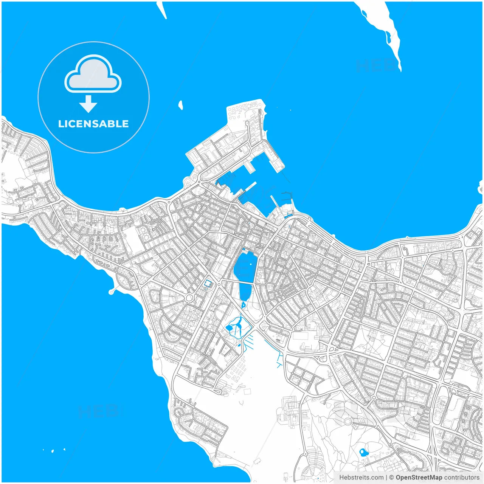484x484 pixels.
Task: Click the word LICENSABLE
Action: click(x=93, y=124)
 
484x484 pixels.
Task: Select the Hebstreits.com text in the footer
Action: click(x=361, y=478)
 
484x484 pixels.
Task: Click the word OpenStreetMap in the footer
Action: click(x=419, y=478)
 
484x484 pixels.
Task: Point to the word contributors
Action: click(x=462, y=478)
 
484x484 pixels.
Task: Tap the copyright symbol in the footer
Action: click(x=392, y=478)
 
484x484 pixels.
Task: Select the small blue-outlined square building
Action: click(x=208, y=283)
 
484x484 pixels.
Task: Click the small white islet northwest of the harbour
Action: click(x=181, y=105)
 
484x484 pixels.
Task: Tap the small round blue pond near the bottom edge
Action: click(x=363, y=452)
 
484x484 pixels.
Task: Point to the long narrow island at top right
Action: click(x=382, y=30)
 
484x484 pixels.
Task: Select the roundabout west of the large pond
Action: click(x=189, y=298)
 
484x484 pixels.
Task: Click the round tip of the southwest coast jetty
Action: click(x=111, y=292)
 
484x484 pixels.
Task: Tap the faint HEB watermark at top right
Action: click(x=374, y=66)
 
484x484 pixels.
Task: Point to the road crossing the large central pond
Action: click(x=242, y=282)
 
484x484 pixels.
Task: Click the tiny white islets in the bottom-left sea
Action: click(x=53, y=450)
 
